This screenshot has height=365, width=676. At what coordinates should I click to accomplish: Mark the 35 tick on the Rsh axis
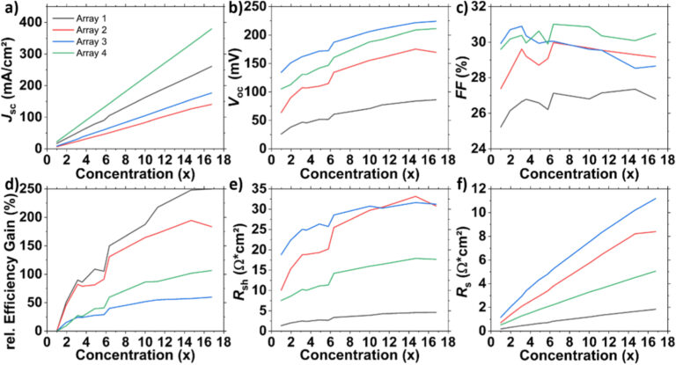pyautogui.click(x=260, y=193)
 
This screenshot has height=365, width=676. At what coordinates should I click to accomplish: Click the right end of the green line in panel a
pyautogui.click(x=211, y=28)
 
